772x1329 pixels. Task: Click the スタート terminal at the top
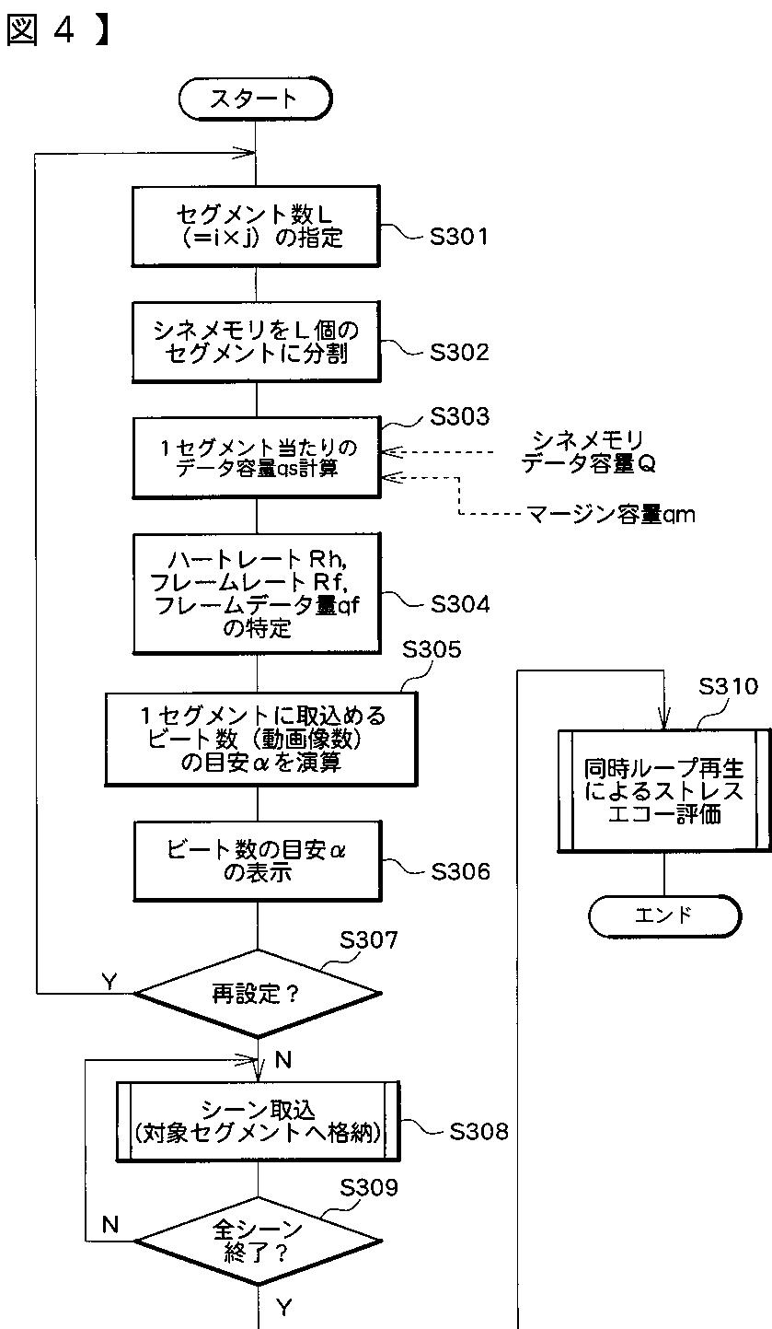coord(254,99)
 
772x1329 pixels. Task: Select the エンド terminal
coord(663,915)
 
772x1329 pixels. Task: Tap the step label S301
coord(459,238)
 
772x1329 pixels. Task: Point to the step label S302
coord(459,353)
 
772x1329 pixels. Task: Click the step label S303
coord(460,417)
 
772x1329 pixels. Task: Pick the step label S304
coord(459,604)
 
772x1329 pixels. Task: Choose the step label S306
coord(459,871)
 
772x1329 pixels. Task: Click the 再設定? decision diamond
coord(257,994)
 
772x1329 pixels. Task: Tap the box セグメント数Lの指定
coord(256,227)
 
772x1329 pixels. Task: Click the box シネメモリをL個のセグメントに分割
coord(256,342)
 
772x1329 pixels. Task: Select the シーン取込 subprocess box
coord(257,1121)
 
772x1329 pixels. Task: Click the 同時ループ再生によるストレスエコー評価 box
coord(663,791)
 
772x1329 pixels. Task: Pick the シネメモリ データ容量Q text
coord(588,452)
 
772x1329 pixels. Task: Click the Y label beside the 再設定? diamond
coord(109,982)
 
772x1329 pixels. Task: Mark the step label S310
coord(729,686)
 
